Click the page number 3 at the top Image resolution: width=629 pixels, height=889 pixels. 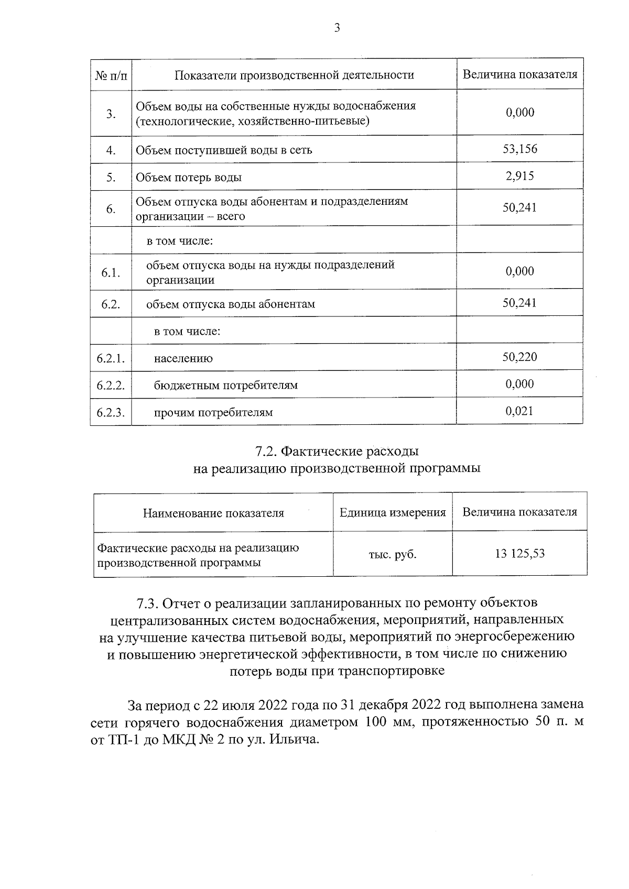click(x=337, y=28)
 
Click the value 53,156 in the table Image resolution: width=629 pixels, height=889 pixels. click(x=520, y=149)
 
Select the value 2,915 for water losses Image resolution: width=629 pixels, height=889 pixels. click(x=520, y=176)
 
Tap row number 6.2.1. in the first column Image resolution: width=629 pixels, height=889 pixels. click(x=111, y=358)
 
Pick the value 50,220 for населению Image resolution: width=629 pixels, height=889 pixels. click(x=520, y=357)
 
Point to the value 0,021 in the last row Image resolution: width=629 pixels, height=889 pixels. click(x=520, y=411)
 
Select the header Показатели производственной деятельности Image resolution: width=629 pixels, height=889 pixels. click(x=294, y=75)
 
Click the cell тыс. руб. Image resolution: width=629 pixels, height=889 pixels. click(x=393, y=554)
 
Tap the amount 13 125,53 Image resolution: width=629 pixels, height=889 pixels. click(x=520, y=553)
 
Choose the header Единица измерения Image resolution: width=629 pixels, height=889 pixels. click(x=393, y=512)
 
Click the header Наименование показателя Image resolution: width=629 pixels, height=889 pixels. click(x=213, y=513)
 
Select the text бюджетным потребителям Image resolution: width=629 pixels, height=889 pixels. click(x=225, y=386)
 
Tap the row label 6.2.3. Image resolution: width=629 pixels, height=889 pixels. click(x=111, y=412)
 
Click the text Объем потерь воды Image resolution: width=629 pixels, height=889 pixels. click(x=189, y=177)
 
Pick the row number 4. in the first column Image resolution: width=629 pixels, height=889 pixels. click(x=111, y=150)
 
